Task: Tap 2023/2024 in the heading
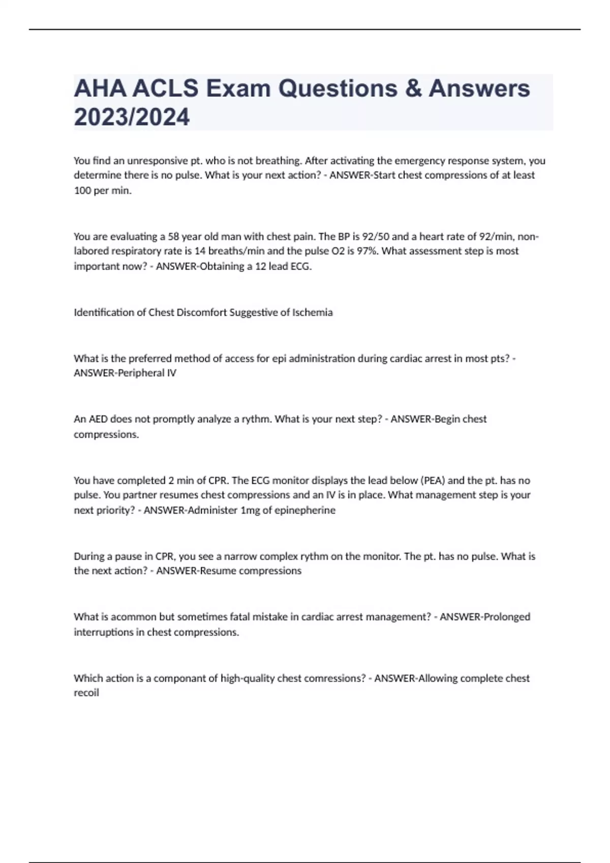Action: coord(132,117)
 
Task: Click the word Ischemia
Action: coord(312,313)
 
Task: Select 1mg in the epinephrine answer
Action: coord(250,511)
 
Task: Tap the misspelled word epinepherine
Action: coord(304,511)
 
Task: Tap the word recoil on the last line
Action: coord(86,693)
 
